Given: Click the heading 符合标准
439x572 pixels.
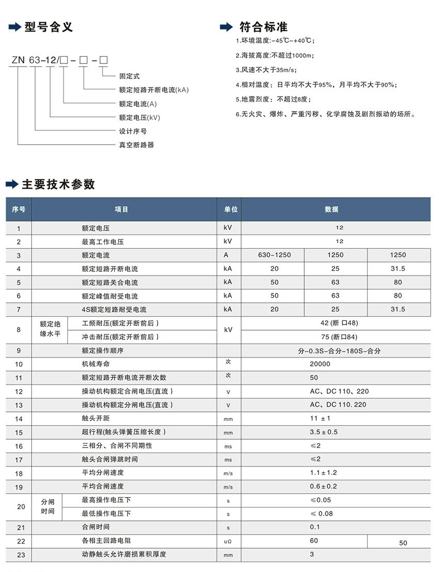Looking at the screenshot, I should [x=263, y=27].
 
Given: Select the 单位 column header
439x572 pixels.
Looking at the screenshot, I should [x=230, y=209].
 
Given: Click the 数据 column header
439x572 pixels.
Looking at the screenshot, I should [x=332, y=209].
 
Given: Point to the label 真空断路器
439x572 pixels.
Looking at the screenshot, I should [x=136, y=145].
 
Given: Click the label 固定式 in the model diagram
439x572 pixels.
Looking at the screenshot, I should [x=129, y=76].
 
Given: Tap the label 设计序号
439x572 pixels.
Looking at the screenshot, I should [x=133, y=131].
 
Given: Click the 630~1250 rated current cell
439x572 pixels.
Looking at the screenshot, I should [x=274, y=255].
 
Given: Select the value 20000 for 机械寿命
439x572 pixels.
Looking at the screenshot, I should [x=320, y=364].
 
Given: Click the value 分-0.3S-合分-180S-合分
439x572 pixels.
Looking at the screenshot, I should [x=339, y=350].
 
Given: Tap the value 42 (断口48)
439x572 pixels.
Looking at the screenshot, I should [x=339, y=323].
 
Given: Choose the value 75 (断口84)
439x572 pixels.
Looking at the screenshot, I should [x=339, y=337].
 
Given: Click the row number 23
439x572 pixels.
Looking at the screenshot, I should [x=19, y=554].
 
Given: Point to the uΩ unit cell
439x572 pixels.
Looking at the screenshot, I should [x=228, y=542].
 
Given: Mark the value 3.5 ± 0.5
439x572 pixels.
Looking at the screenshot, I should [x=323, y=432].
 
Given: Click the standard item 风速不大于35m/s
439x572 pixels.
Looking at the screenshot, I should [x=266, y=70].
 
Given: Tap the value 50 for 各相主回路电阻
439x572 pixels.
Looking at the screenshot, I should [x=403, y=543].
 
